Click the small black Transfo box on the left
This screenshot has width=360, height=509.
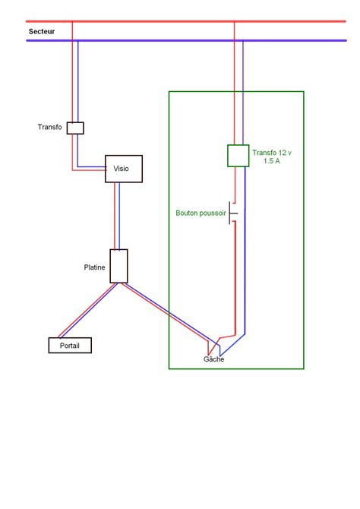click(x=75, y=128)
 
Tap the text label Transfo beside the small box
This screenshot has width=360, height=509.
click(x=49, y=127)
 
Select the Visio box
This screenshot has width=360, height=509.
click(x=123, y=169)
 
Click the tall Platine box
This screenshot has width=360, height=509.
click(x=118, y=266)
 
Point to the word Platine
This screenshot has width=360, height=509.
click(x=95, y=267)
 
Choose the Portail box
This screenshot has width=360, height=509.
click(x=70, y=346)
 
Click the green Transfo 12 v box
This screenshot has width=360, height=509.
click(x=238, y=156)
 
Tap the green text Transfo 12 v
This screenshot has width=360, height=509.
click(x=277, y=153)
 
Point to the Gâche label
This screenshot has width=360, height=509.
click(x=213, y=359)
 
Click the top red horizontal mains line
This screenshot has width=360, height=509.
click(x=152, y=21)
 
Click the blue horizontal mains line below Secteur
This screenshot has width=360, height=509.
click(x=152, y=40)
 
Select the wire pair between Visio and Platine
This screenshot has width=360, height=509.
click(x=117, y=217)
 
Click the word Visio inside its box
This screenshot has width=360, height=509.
click(x=122, y=169)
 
